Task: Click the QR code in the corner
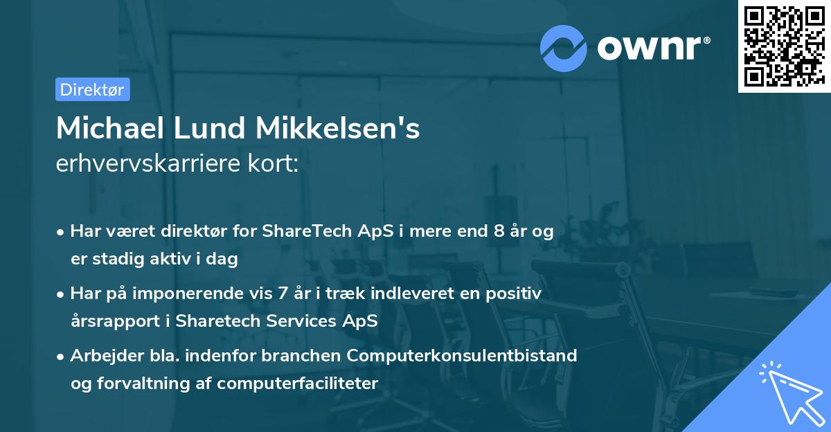pyautogui.click(x=784, y=46)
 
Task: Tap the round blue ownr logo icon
pyautogui.click(x=564, y=48)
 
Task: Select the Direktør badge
pyautogui.click(x=92, y=89)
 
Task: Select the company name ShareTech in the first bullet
pyautogui.click(x=298, y=231)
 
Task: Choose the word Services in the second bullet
pyautogui.click(x=293, y=321)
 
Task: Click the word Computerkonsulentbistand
pyautogui.click(x=462, y=356)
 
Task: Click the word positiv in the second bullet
pyautogui.click(x=517, y=294)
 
